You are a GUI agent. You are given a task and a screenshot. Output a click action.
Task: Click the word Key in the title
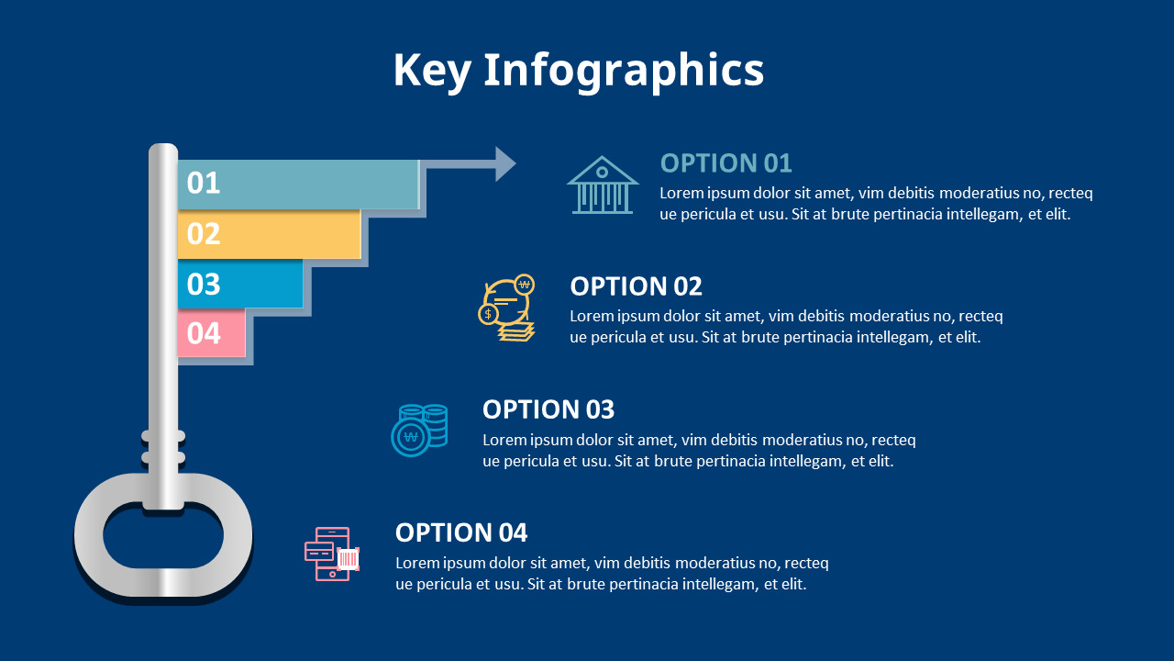click(x=432, y=71)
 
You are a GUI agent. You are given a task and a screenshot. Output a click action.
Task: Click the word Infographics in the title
click(x=623, y=71)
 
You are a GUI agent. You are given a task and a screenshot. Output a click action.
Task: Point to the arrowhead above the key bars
click(x=505, y=164)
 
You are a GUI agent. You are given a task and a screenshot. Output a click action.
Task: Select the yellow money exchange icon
click(x=508, y=308)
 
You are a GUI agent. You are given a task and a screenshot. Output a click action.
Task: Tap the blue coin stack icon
click(x=419, y=430)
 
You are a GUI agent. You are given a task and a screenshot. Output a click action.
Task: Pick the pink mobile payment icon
click(x=332, y=554)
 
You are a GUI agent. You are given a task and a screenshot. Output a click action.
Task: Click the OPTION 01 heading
click(x=725, y=163)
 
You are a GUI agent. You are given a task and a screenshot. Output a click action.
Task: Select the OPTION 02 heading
click(x=636, y=286)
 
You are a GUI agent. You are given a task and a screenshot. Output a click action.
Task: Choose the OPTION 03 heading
click(x=548, y=409)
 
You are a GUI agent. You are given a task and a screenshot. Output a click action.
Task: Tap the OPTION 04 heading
click(x=460, y=532)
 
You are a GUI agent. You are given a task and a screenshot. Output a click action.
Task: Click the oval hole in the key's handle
click(x=163, y=535)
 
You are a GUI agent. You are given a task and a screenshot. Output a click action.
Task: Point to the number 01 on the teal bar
click(x=204, y=184)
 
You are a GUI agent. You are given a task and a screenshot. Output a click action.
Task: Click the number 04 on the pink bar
click(x=204, y=333)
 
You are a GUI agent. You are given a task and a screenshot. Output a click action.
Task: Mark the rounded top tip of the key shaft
click(x=163, y=150)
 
